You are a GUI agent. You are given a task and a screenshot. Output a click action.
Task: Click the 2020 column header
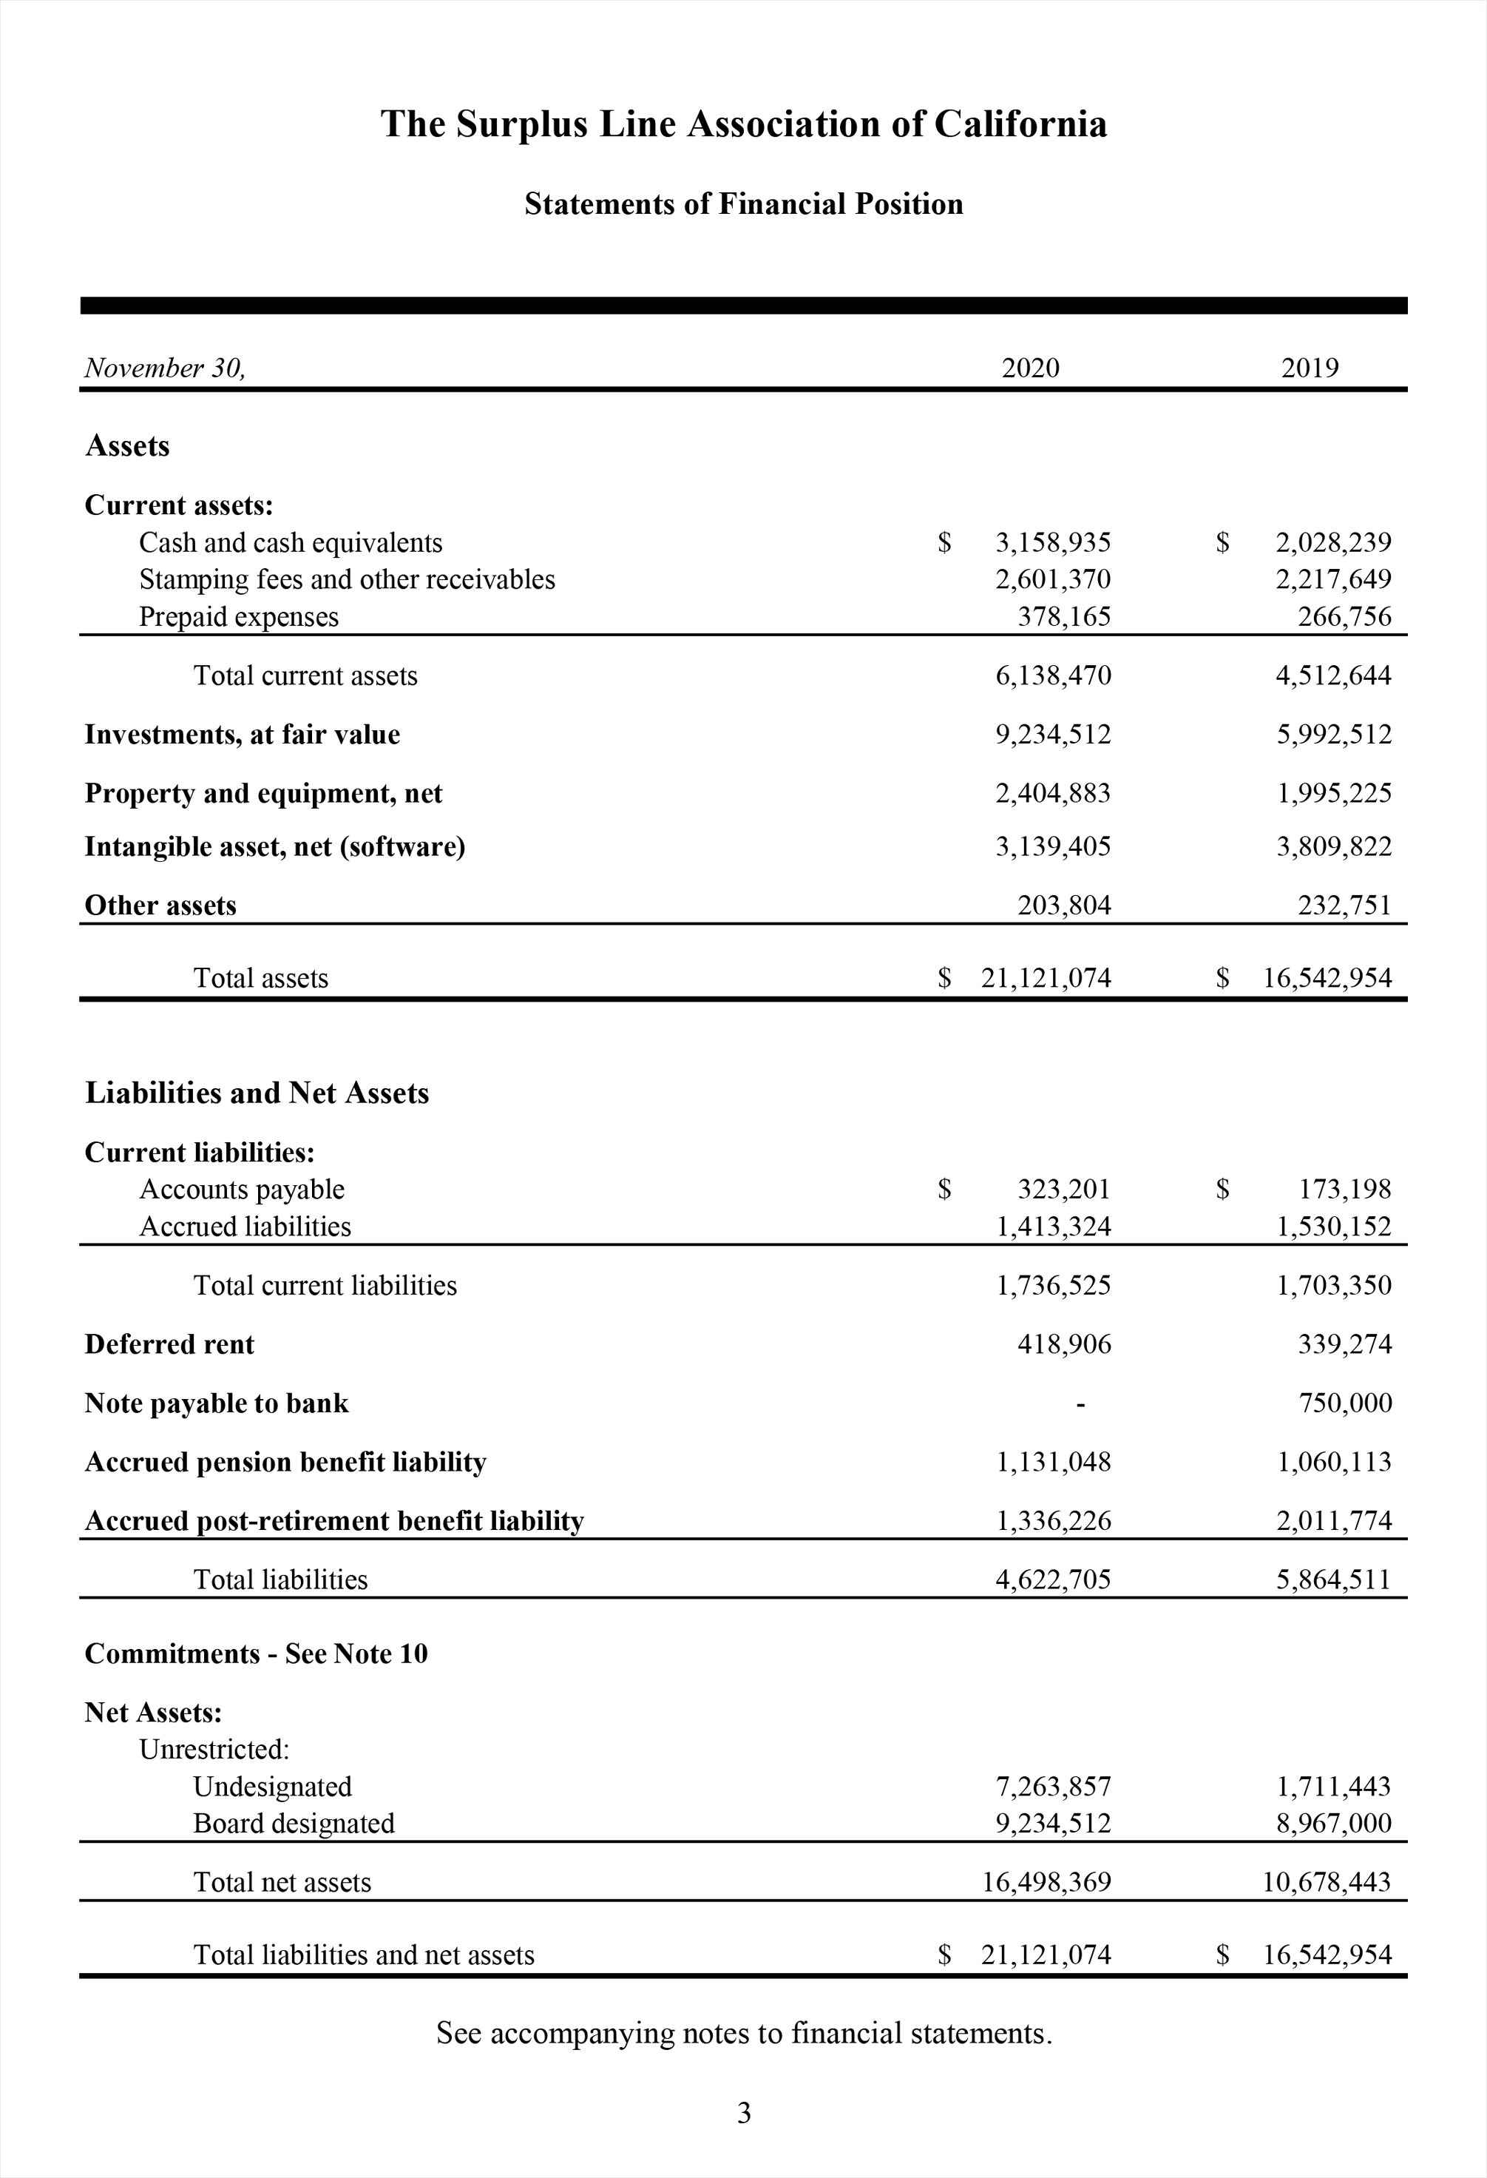pyautogui.click(x=1030, y=368)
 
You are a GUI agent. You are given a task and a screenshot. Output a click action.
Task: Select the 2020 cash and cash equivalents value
pyautogui.click(x=1052, y=542)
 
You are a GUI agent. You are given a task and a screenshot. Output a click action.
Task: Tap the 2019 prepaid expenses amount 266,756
pyautogui.click(x=1344, y=617)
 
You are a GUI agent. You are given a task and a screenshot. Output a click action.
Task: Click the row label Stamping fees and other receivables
pyautogui.click(x=347, y=579)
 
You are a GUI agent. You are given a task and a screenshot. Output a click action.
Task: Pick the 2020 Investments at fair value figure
pyautogui.click(x=1052, y=734)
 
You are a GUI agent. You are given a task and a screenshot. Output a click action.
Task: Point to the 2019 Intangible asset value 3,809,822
pyautogui.click(x=1333, y=846)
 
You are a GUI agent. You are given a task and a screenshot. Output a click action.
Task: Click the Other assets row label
pyautogui.click(x=160, y=906)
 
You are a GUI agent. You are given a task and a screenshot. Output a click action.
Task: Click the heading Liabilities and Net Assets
pyautogui.click(x=257, y=1093)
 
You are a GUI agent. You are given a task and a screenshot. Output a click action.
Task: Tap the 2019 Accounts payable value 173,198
pyautogui.click(x=1344, y=1190)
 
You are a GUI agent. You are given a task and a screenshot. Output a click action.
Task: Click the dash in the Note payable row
pyautogui.click(x=1080, y=1404)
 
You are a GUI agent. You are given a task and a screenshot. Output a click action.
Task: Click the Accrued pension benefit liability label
pyautogui.click(x=285, y=1462)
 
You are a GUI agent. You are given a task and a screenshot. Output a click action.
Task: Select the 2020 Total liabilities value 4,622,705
pyautogui.click(x=1052, y=1579)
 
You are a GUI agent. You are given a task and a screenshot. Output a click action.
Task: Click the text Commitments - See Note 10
pyautogui.click(x=256, y=1653)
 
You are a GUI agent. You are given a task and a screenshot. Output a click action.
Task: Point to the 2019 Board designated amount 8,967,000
pyautogui.click(x=1333, y=1823)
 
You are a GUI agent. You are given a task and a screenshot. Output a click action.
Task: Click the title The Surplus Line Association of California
pyautogui.click(x=743, y=124)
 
